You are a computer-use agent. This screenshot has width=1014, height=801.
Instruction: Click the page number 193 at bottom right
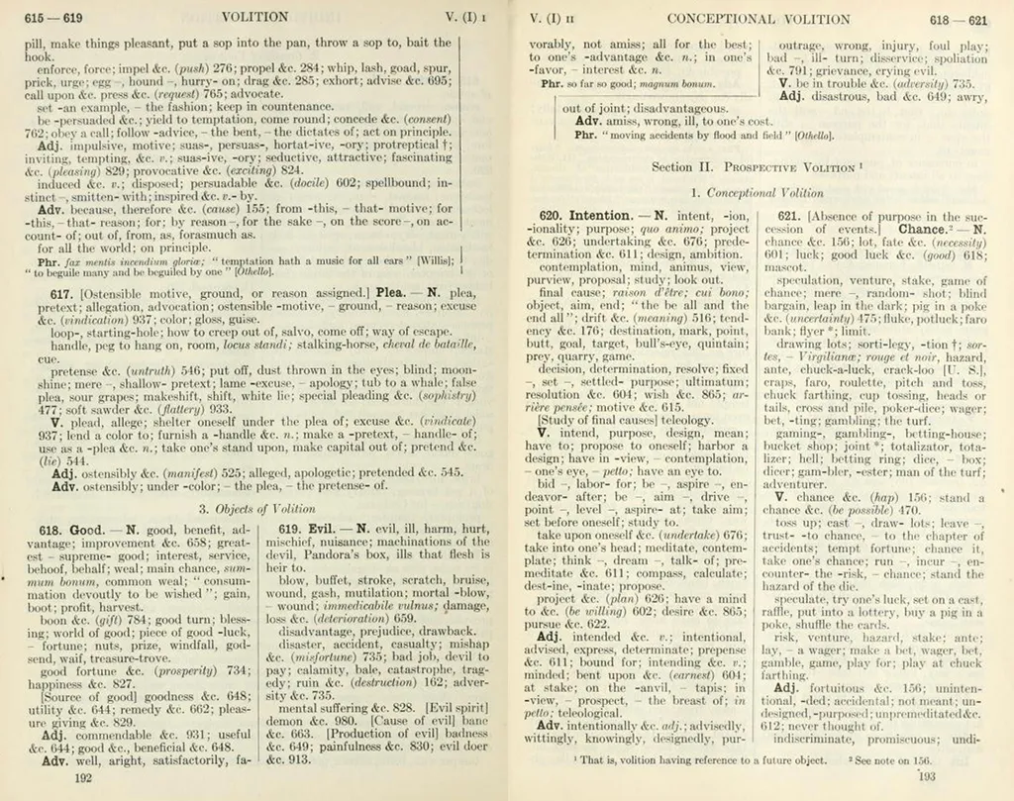click(927, 776)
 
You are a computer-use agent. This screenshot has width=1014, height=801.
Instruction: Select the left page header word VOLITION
click(255, 17)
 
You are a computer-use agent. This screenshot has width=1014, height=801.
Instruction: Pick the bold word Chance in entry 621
click(923, 229)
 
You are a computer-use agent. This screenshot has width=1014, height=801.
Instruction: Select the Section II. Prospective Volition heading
click(757, 167)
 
